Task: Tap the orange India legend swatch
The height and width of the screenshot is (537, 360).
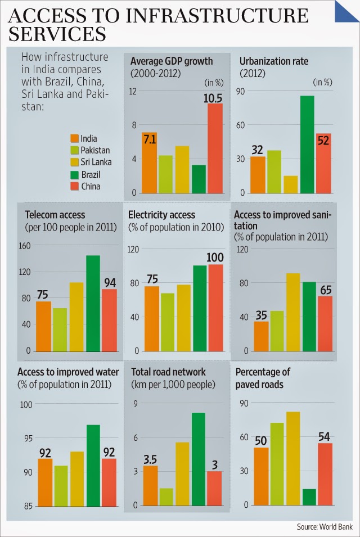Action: pos(74,138)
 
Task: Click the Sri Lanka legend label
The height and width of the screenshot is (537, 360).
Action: pos(96,163)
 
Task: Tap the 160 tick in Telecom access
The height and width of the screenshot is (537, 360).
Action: pos(24,246)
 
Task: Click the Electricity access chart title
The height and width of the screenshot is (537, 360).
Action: pos(161,215)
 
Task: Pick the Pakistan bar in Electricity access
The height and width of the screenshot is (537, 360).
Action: pos(167,322)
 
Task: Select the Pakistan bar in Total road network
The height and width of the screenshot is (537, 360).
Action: pos(166,497)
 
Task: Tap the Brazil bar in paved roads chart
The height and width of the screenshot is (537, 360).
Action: pos(309,497)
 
